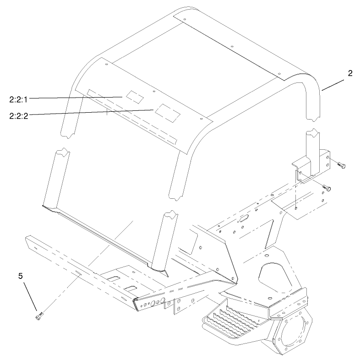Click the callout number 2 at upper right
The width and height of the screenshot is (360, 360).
(350, 74)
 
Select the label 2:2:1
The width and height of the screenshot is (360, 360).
(19, 98)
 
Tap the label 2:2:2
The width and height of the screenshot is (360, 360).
(19, 115)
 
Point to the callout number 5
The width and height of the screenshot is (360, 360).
(21, 276)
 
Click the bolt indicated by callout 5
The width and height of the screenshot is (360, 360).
(39, 315)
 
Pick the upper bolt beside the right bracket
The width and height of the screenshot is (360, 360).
(342, 164)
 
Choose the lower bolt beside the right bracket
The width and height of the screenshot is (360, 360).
(327, 187)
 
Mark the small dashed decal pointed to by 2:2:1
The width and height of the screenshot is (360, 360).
(135, 96)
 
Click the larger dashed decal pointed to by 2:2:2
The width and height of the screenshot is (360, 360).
(166, 112)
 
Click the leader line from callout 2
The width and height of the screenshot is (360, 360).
(333, 86)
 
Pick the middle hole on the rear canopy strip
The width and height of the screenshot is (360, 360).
(232, 47)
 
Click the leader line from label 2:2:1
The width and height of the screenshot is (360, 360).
(76, 97)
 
